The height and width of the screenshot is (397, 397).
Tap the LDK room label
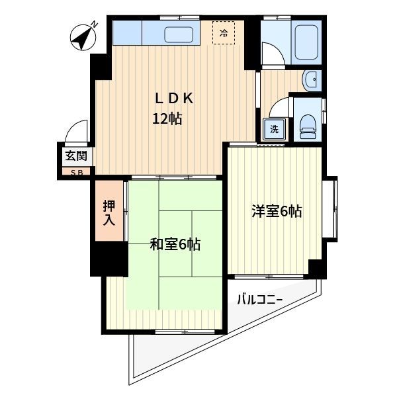(173, 99)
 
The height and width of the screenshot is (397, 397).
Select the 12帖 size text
(167, 120)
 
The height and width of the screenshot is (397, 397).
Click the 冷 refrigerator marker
(224, 32)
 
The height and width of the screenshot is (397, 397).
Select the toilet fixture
(308, 123)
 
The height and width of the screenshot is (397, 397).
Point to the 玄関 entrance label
(75, 157)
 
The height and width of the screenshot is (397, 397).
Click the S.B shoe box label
(75, 171)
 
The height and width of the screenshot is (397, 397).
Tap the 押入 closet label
(109, 213)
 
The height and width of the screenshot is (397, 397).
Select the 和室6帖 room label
(175, 245)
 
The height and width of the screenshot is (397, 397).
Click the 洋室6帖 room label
(276, 212)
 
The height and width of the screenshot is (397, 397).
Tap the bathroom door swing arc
(273, 53)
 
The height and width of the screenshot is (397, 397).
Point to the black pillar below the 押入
(109, 258)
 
